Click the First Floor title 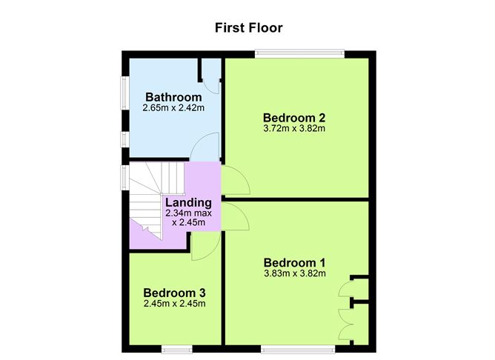coord(248,28)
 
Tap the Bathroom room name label coord(173,97)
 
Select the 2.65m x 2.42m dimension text coord(173,109)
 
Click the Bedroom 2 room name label coord(294,117)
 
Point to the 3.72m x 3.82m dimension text coord(294,128)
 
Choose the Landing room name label coord(188,202)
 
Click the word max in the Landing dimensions coord(202,213)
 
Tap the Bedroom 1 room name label coord(294,262)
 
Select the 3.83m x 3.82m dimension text coord(294,273)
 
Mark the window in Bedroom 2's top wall coord(299,53)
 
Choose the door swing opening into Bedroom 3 coord(201,247)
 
